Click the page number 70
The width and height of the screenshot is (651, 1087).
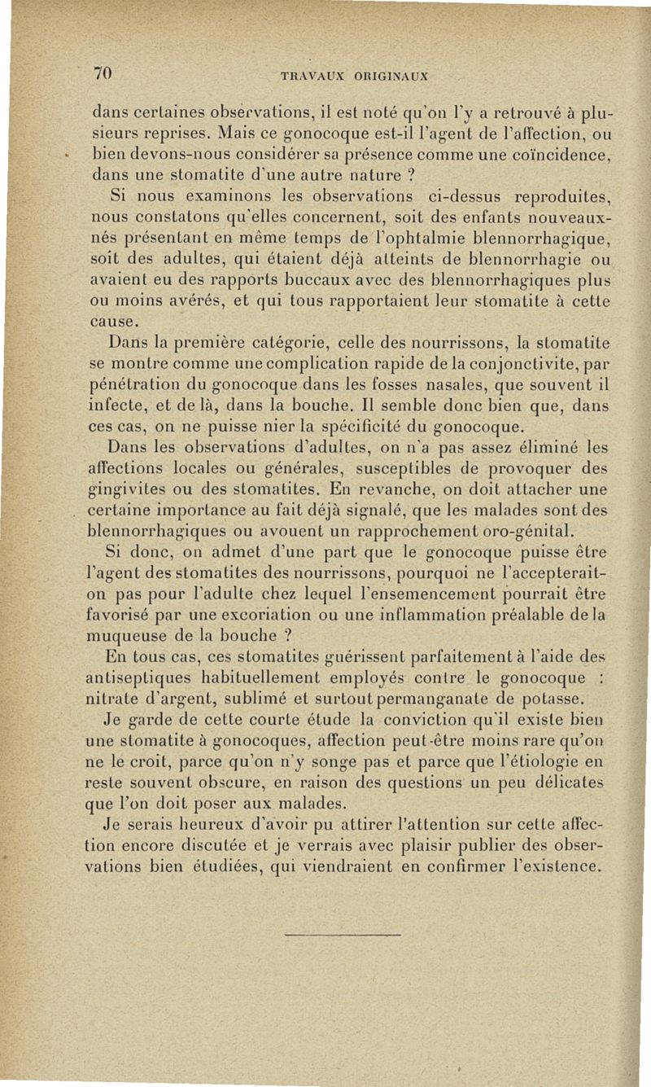point(102,72)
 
